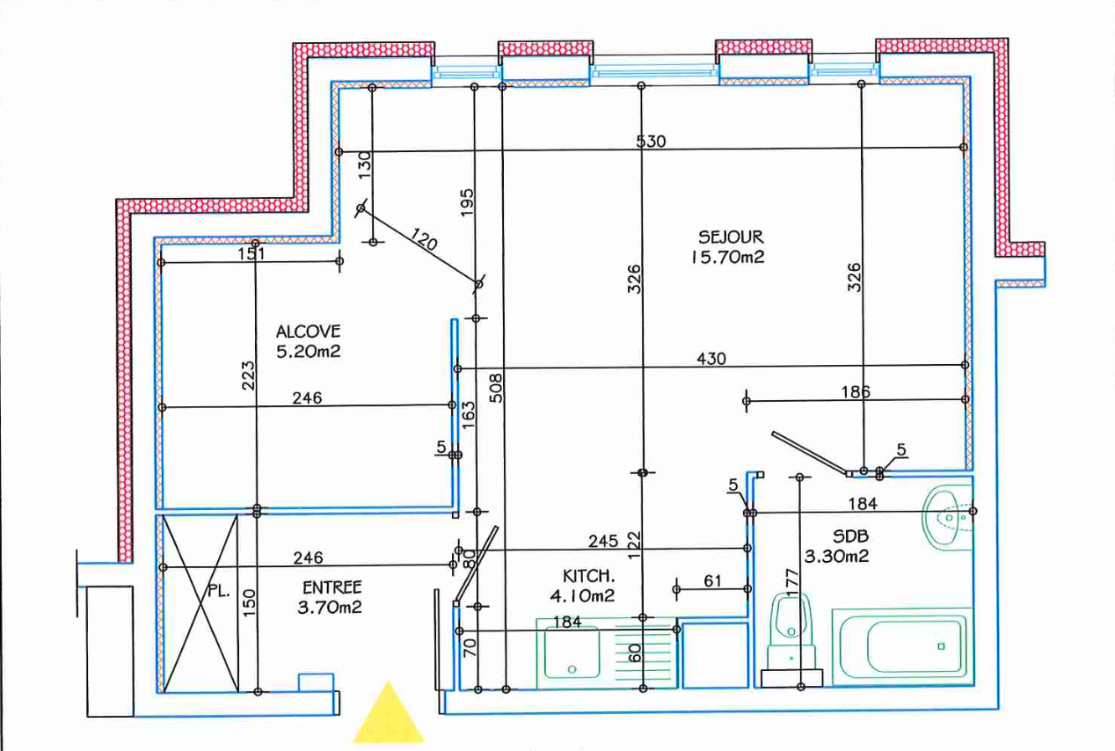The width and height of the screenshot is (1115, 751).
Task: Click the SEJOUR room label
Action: [x=731, y=237]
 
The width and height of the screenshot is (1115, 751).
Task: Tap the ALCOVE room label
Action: [x=308, y=332]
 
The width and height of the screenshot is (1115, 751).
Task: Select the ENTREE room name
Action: [x=332, y=587]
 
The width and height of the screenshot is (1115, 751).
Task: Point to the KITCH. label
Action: [x=588, y=576]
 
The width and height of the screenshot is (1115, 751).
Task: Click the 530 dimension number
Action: [x=652, y=141]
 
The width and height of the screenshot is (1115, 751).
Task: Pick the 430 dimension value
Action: [x=711, y=358]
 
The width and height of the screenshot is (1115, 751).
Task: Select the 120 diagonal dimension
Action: [x=424, y=239]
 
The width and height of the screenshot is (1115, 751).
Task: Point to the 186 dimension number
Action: [x=854, y=392]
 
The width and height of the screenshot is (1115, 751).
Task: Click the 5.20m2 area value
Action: [x=308, y=352]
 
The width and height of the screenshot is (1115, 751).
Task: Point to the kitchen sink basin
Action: [x=572, y=652]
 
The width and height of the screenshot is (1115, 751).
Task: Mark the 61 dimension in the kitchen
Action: [x=712, y=580]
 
